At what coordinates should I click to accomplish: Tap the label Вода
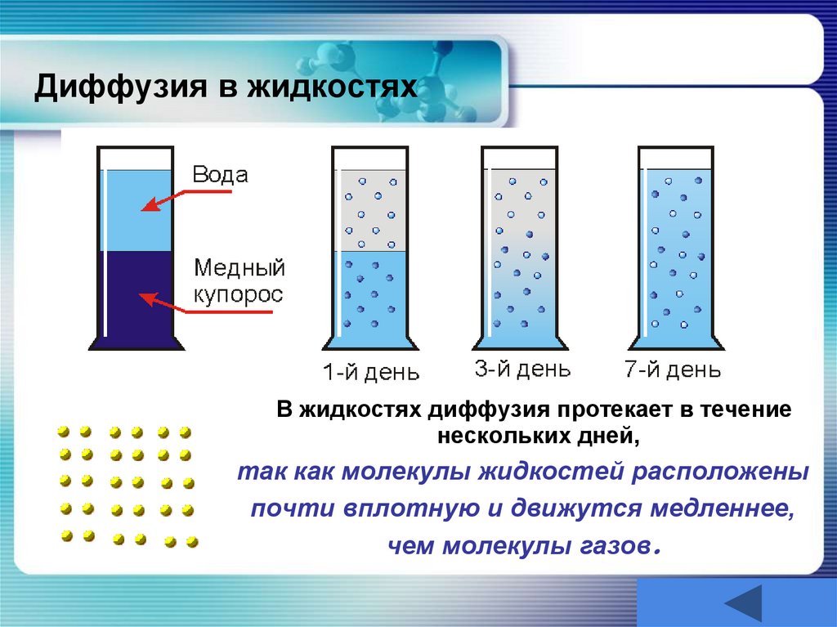pyautogui.click(x=219, y=175)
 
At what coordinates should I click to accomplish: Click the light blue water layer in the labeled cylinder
pyautogui.click(x=136, y=208)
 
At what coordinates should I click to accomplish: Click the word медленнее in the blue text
pyautogui.click(x=723, y=508)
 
